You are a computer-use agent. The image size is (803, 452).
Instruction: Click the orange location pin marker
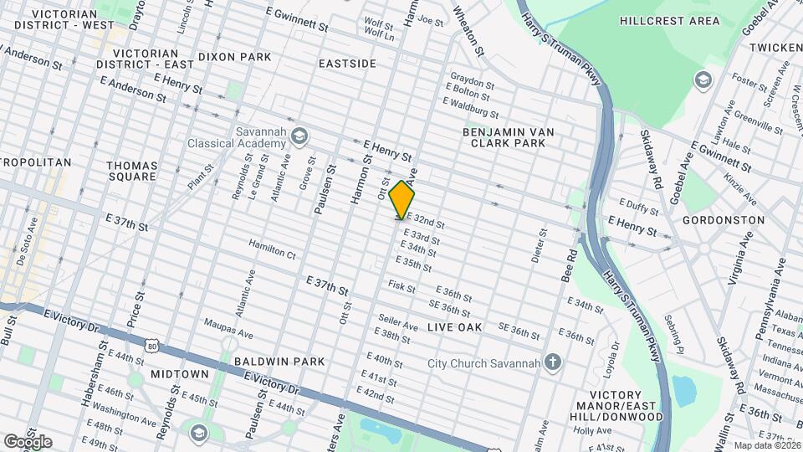402,200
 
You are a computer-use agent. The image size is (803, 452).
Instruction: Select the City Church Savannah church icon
552,362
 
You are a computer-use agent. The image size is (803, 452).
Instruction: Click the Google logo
27,441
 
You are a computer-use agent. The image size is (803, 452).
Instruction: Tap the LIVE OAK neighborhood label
455,327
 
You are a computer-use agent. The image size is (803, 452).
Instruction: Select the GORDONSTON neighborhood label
724,220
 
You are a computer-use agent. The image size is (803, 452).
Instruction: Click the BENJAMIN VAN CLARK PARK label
509,138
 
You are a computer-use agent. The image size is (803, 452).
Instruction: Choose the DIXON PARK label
235,57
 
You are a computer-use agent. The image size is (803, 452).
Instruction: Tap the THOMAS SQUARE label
132,171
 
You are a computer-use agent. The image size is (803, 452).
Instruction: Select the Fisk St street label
401,287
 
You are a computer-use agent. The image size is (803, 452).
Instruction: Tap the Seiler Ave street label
397,324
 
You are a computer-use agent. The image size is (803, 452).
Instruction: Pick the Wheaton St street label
468,32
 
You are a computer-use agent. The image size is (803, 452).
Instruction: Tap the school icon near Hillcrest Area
703,79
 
